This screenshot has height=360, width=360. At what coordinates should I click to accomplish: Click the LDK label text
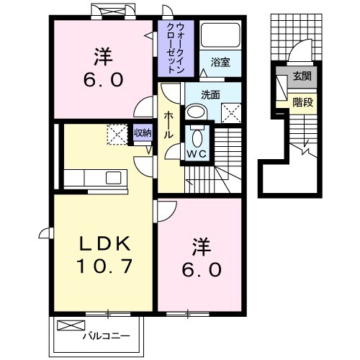tap(103, 243)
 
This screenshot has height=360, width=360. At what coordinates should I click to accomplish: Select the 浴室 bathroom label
tap(220, 63)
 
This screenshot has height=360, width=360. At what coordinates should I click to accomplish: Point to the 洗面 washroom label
tap(210, 94)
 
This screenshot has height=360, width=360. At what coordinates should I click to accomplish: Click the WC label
tap(196, 153)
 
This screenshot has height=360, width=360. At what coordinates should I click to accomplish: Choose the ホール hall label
tap(168, 125)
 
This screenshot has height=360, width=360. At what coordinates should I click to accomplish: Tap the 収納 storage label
tap(143, 132)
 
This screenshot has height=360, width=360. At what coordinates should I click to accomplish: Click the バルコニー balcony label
tap(104, 336)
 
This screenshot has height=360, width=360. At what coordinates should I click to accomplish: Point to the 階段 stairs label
tap(302, 102)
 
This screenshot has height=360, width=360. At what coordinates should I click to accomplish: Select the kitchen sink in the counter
tap(114, 177)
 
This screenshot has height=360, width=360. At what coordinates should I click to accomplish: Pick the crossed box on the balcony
tap(67, 325)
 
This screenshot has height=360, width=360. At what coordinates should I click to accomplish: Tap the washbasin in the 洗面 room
tap(195, 112)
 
